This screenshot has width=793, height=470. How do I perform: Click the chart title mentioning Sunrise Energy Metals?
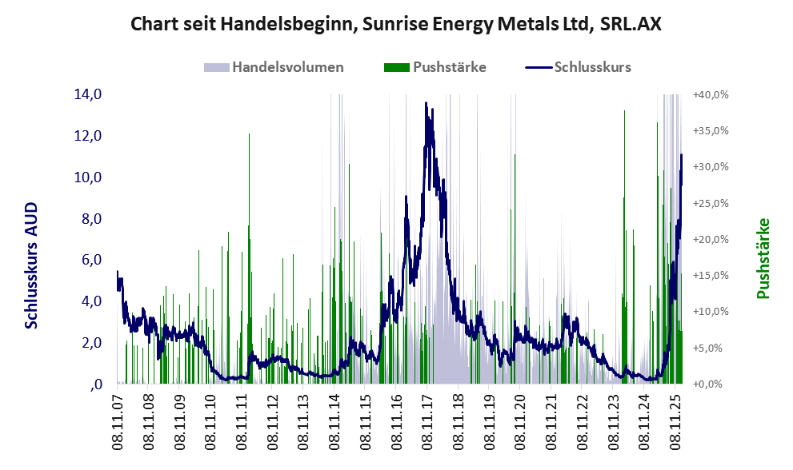[396, 24]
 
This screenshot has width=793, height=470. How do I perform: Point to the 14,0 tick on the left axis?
[88, 94]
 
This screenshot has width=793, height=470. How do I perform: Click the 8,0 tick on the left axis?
[88, 218]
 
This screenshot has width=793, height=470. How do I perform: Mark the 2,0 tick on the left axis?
[88, 343]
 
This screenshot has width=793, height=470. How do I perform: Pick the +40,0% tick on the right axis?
[711, 94]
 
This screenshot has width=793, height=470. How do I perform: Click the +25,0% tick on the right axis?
[711, 203]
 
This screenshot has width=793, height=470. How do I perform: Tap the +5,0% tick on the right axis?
[711, 348]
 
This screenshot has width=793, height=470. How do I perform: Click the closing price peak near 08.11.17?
[427, 104]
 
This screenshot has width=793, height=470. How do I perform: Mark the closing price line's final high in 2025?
[681, 155]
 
